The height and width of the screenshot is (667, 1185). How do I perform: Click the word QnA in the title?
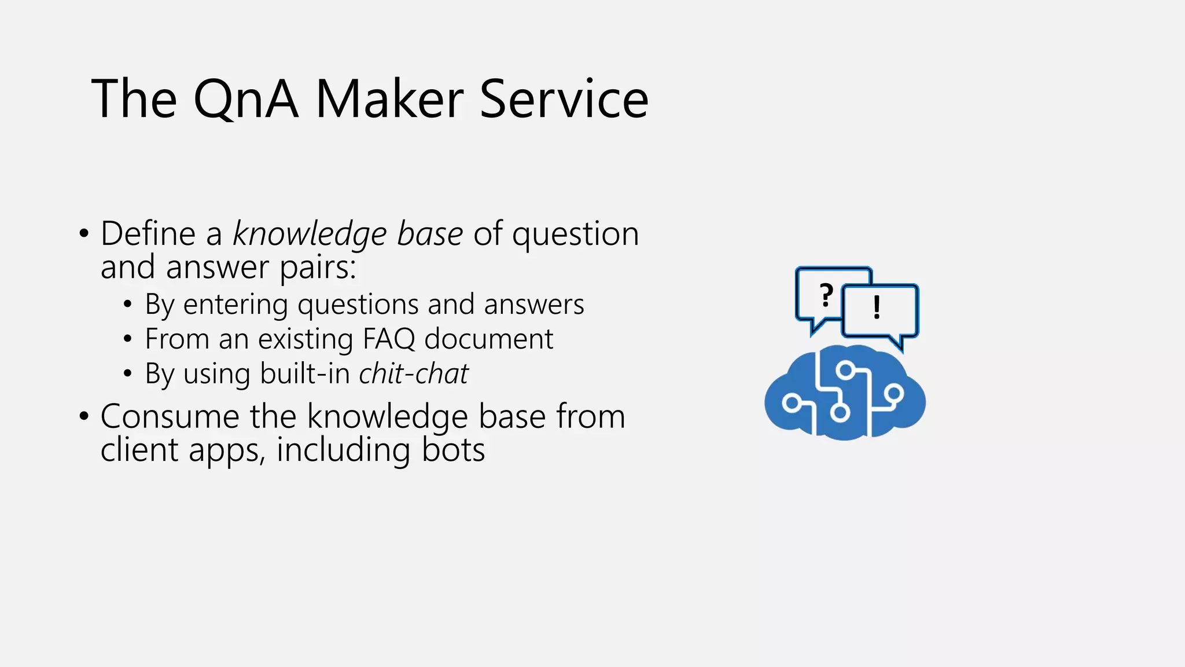246,100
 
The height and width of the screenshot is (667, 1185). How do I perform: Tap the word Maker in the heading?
389,100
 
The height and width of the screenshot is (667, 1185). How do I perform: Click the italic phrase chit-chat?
413,373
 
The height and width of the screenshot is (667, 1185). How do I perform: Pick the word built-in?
304,373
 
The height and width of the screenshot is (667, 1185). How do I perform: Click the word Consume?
170,416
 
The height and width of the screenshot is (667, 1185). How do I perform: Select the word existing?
306,339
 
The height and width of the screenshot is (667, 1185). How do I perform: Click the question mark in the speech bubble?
827,296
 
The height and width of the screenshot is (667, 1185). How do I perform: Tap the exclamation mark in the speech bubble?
877,307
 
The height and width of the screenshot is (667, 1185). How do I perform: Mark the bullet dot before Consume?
84,417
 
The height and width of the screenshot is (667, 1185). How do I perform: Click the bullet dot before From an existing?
128,339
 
